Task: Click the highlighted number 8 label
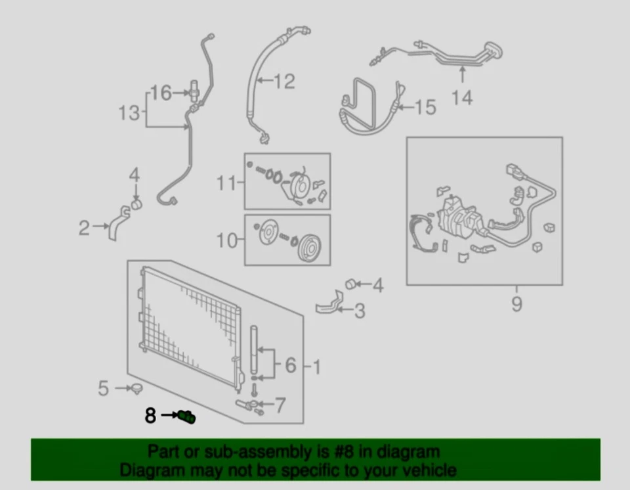(151, 415)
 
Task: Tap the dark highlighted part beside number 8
(188, 416)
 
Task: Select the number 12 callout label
(283, 81)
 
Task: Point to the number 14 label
(462, 98)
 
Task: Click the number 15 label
(426, 107)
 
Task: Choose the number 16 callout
(161, 93)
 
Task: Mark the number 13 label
(129, 113)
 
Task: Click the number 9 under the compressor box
(516, 304)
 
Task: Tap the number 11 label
(226, 182)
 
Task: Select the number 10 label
(226, 240)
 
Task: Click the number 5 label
(103, 388)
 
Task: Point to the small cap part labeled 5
(136, 390)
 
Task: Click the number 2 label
(84, 228)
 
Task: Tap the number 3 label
(359, 310)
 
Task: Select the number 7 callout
(280, 405)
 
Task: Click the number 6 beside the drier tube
(291, 365)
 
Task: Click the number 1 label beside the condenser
(316, 367)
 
